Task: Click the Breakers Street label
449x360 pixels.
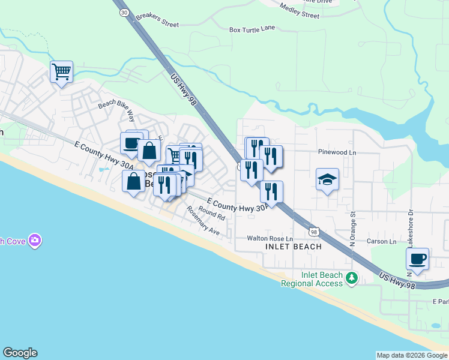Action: pyautogui.click(x=157, y=20)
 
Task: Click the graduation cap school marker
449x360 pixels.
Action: pyautogui.click(x=327, y=179)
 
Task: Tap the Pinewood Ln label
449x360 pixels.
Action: pyautogui.click(x=337, y=152)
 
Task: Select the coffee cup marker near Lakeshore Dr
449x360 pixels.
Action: pyautogui.click(x=417, y=259)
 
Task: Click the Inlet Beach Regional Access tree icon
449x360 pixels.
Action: pyautogui.click(x=352, y=278)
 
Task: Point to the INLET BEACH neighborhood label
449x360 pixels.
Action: pyautogui.click(x=293, y=247)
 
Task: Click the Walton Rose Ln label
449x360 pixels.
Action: pyautogui.click(x=269, y=238)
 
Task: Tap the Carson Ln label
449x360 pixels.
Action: pyautogui.click(x=382, y=242)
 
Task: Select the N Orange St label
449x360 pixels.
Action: pyautogui.click(x=354, y=221)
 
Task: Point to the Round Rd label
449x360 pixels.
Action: pyautogui.click(x=211, y=213)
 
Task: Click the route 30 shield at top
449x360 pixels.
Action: pyautogui.click(x=124, y=11)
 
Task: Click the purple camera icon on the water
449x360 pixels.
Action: pyautogui.click(x=35, y=241)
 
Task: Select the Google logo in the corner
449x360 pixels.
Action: pyautogui.click(x=20, y=353)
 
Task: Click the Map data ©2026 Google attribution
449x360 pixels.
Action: pyautogui.click(x=412, y=355)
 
